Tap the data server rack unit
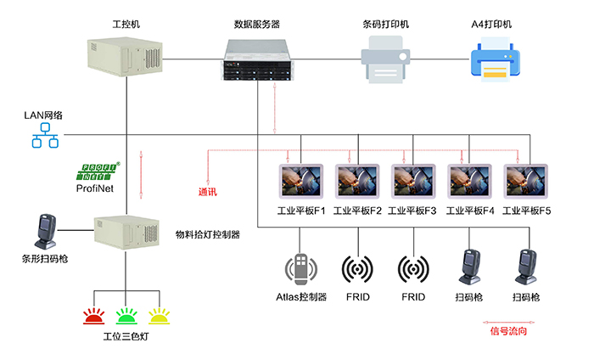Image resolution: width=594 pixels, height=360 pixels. tap(261, 61)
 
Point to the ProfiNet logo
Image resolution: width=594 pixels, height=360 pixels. tap(98, 173)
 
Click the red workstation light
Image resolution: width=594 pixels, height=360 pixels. tap(93, 317)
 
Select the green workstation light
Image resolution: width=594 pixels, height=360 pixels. tap(126, 317)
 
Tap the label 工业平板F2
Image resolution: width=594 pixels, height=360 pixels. tap(357, 210)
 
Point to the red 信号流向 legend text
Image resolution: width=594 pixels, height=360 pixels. tap(509, 330)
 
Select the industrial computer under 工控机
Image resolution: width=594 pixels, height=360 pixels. tap(126, 55)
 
